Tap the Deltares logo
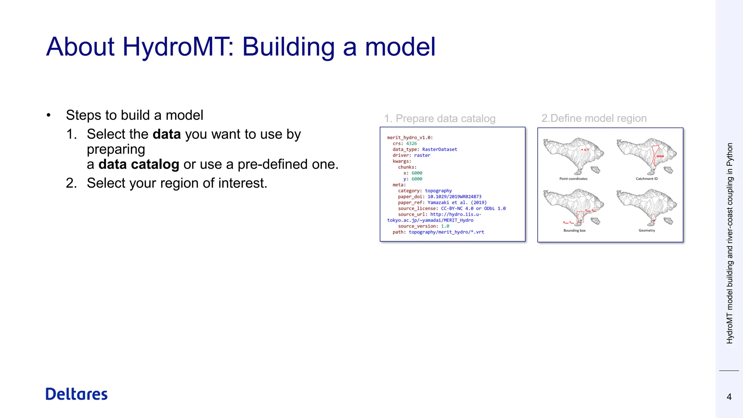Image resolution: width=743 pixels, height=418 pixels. click(77, 394)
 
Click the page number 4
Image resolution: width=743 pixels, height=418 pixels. click(729, 397)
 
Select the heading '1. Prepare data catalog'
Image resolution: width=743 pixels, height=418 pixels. click(440, 119)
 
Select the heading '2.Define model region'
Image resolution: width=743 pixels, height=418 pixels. click(594, 118)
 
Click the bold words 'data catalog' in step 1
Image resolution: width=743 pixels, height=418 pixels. click(139, 164)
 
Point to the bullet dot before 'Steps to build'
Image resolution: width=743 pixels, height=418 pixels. click(49, 115)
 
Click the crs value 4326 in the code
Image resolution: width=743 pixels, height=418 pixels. click(411, 144)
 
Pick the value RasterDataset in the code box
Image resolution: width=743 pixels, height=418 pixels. click(439, 149)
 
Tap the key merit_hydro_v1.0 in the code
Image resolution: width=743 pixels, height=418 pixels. click(409, 138)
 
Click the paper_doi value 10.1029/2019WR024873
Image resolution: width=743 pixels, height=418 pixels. click(454, 197)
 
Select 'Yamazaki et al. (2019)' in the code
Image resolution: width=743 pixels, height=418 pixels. click(457, 202)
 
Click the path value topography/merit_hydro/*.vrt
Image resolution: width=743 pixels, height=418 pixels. click(446, 232)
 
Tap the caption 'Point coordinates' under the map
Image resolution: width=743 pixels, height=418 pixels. click(573, 179)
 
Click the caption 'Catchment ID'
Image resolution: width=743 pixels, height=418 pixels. click(646, 179)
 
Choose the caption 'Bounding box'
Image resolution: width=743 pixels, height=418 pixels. click(574, 231)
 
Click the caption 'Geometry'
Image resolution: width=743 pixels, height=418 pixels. click(646, 231)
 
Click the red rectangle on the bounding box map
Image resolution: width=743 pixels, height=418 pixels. click(580, 217)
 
